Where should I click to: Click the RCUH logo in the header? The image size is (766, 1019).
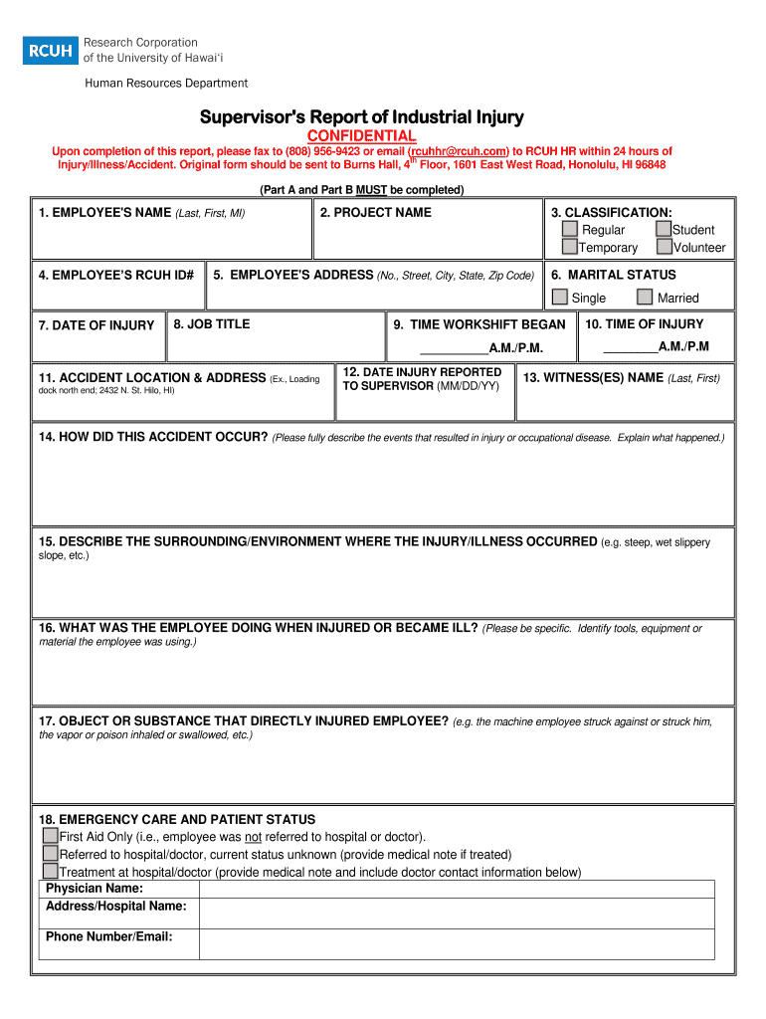[x=50, y=50]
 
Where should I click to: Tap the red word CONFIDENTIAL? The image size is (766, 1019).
[x=361, y=135]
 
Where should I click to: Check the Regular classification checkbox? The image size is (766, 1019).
[x=570, y=230]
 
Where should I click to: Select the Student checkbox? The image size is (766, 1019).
[x=664, y=230]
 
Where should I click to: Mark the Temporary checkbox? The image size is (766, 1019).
[x=570, y=247]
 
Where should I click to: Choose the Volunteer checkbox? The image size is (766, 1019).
[x=664, y=247]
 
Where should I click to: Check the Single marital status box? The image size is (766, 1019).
[x=560, y=297]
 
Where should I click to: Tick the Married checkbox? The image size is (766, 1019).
[x=645, y=297]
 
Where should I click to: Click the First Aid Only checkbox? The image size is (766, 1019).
[x=50, y=837]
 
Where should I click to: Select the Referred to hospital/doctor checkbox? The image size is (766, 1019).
[x=50, y=854]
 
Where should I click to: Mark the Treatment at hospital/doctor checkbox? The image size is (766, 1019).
[x=50, y=872]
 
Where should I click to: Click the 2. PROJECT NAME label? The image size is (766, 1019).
[x=376, y=212]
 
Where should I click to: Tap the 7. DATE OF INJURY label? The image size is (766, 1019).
[x=96, y=325]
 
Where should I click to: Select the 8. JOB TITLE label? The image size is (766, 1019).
[x=211, y=324]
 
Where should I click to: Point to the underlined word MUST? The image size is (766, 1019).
[x=371, y=189]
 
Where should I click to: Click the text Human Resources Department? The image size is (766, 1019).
[x=166, y=84]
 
